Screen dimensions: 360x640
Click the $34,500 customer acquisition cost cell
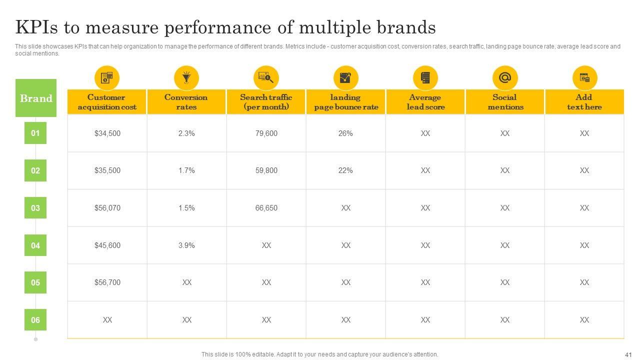pyautogui.click(x=107, y=133)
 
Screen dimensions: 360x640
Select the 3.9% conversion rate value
pyautogui.click(x=186, y=245)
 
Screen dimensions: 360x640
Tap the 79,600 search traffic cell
pyautogui.click(x=266, y=133)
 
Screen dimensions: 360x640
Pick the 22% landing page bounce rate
pyautogui.click(x=345, y=170)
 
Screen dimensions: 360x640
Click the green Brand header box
pyautogui.click(x=36, y=98)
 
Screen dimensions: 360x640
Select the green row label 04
pyautogui.click(x=35, y=245)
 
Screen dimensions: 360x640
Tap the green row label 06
pyautogui.click(x=35, y=320)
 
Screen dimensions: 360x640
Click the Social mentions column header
pyautogui.click(x=505, y=102)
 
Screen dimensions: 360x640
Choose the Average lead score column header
pyautogui.click(x=425, y=102)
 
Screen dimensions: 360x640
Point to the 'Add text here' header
pyautogui.click(x=584, y=102)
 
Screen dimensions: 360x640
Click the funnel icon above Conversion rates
pyautogui.click(x=186, y=78)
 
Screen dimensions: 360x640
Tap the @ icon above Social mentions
pyautogui.click(x=505, y=78)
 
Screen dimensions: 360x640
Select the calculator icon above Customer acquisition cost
pyautogui.click(x=107, y=78)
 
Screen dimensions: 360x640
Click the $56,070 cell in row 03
pyautogui.click(x=107, y=208)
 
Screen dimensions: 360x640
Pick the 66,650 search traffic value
pyautogui.click(x=266, y=208)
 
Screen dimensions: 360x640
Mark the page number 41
pyautogui.click(x=628, y=354)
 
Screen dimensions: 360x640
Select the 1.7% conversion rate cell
pyautogui.click(x=186, y=170)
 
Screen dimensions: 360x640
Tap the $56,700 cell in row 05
pyautogui.click(x=107, y=282)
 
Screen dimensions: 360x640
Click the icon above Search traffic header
pyautogui.click(x=266, y=78)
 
